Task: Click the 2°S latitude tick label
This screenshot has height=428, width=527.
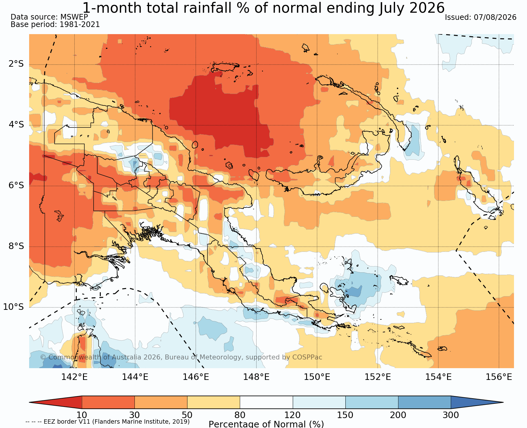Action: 16,64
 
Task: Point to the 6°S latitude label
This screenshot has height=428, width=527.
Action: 16,185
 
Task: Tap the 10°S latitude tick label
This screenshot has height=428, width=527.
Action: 13,307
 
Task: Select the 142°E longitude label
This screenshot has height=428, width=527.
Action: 74,377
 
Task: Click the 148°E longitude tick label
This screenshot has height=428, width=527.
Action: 256,377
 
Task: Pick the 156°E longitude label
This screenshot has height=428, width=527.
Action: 499,377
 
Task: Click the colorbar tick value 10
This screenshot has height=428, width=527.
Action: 82,415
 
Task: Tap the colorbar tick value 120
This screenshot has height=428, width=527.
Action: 293,415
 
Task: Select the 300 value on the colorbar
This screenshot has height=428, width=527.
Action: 451,415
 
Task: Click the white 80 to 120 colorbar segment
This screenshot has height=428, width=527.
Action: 266,402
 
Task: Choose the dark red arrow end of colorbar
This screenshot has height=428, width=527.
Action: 55,402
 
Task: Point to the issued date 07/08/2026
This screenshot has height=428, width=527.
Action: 495,17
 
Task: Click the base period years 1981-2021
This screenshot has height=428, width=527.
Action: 80,25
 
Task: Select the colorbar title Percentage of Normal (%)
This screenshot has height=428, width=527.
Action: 266,424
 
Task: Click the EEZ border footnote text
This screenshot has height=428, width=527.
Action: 108,422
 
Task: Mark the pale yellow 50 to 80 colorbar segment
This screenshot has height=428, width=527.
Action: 214,402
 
